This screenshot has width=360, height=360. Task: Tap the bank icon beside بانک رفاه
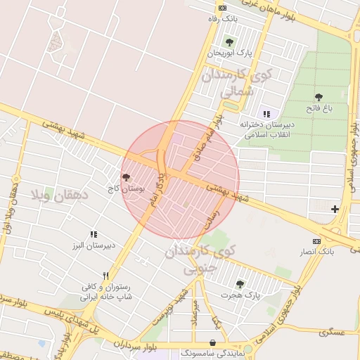point(223,8)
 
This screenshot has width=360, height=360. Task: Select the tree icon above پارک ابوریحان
point(229,41)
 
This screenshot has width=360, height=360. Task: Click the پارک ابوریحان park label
point(229,53)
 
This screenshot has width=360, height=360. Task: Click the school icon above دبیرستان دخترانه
point(266,113)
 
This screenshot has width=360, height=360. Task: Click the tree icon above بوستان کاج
point(126,177)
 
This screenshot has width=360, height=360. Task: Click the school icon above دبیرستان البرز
point(93,234)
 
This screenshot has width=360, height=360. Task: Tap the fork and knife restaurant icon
point(105,276)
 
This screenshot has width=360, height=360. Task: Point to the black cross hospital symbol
point(335,209)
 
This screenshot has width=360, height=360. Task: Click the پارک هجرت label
point(243,296)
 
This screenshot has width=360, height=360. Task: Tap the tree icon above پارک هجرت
point(240,284)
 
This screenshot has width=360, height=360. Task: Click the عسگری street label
point(333,330)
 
